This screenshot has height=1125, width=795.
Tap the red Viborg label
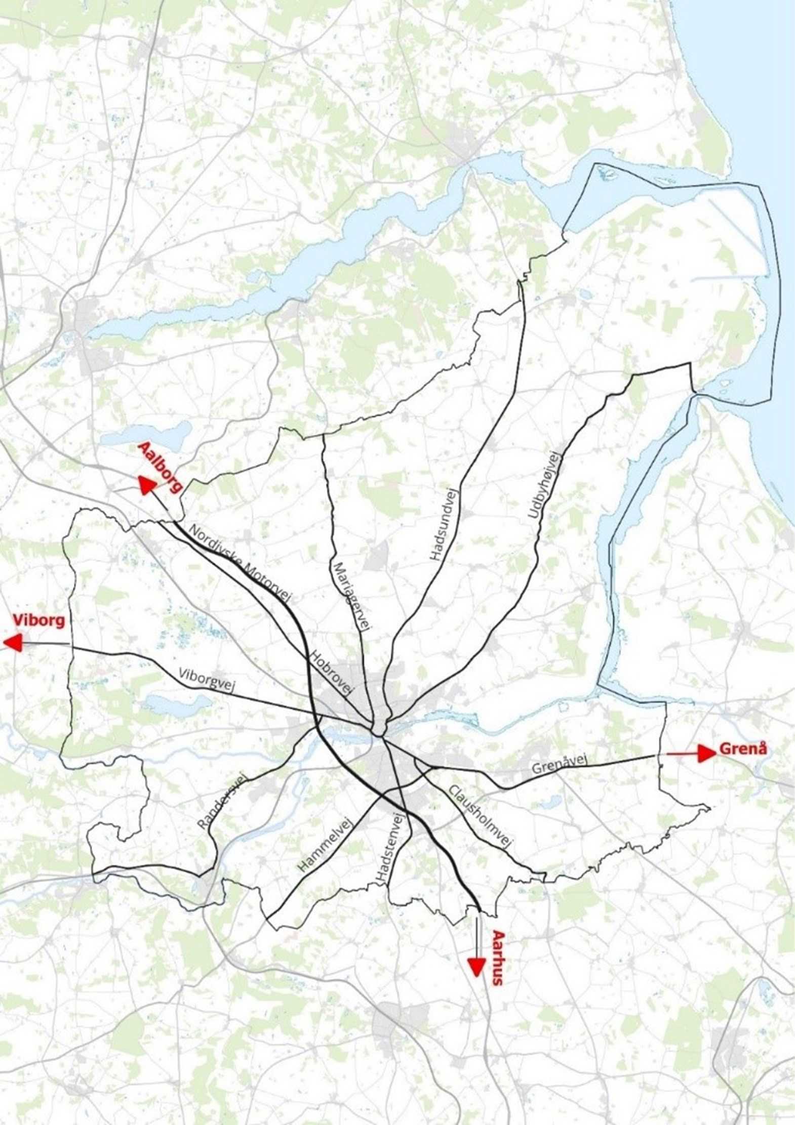(39, 620)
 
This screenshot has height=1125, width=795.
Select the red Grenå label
(743, 748)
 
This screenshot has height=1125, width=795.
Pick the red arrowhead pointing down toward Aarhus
(475, 967)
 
